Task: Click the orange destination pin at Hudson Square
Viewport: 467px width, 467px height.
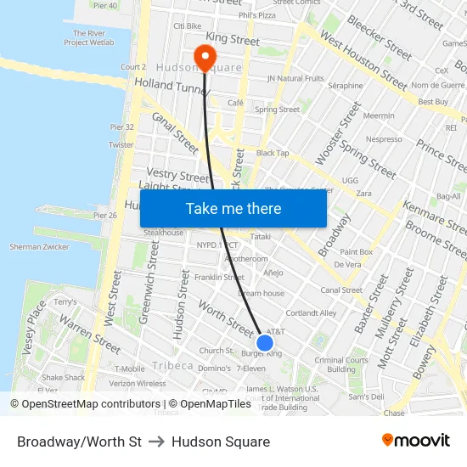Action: (204, 57)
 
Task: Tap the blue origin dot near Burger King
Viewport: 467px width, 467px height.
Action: (265, 343)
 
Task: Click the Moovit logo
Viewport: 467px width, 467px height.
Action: (415, 441)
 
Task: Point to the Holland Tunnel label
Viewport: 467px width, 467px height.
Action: (171, 86)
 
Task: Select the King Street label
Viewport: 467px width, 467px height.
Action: (233, 39)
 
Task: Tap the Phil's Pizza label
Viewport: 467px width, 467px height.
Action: (257, 15)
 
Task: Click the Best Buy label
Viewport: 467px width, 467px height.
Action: (433, 102)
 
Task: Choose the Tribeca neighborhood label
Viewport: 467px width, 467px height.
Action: (172, 366)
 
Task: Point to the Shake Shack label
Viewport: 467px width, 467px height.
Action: (64, 378)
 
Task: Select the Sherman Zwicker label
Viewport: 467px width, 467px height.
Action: (38, 246)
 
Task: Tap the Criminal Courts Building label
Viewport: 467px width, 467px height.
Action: (340, 364)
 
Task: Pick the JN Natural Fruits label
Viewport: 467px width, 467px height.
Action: (295, 78)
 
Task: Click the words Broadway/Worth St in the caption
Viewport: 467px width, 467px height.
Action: (79, 442)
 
